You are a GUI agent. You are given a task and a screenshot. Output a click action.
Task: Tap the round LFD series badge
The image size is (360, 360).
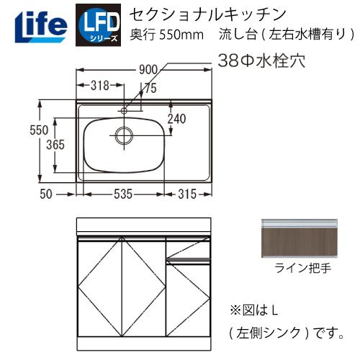click(x=99, y=23)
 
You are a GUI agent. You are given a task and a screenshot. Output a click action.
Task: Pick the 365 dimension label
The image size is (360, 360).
click(x=55, y=145)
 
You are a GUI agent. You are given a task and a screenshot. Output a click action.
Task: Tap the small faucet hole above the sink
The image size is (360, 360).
click(x=124, y=110)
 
